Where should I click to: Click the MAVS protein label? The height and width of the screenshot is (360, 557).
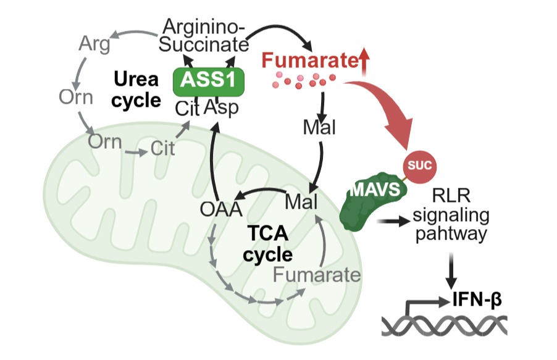(x=372, y=189)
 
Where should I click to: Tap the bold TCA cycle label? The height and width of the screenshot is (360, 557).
(x=267, y=243)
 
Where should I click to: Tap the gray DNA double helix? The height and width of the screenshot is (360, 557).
(x=445, y=325)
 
